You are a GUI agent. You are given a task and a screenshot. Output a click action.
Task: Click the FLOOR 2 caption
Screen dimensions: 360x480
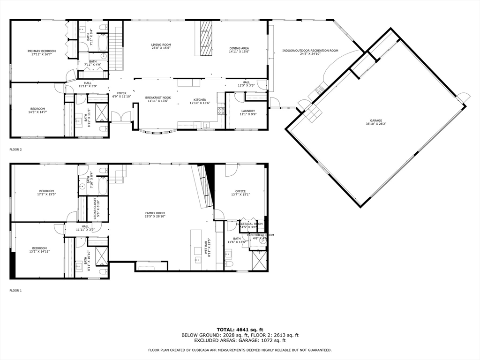pos(15,150)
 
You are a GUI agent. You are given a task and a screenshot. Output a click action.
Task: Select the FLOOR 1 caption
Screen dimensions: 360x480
pos(15,291)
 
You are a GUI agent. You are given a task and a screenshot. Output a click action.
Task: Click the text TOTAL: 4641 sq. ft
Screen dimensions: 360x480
pos(240,330)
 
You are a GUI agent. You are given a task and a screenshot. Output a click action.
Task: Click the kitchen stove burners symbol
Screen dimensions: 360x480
pos(221,111)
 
